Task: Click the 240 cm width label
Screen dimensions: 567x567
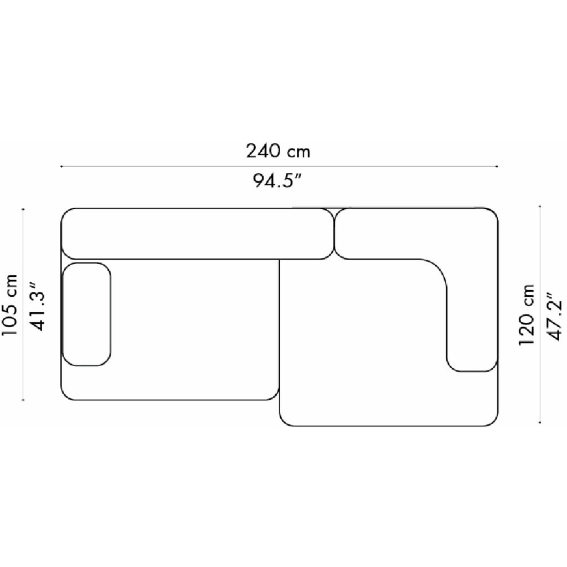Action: [278, 151]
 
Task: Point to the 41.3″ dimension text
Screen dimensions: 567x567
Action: [39, 306]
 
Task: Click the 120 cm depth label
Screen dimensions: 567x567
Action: [526, 315]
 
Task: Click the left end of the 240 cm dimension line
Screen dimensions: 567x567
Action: [61, 166]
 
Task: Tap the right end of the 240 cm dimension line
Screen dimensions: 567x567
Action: [497, 166]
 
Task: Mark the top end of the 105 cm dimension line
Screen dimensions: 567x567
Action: [23, 209]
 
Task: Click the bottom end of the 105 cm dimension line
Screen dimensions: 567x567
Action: [23, 400]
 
